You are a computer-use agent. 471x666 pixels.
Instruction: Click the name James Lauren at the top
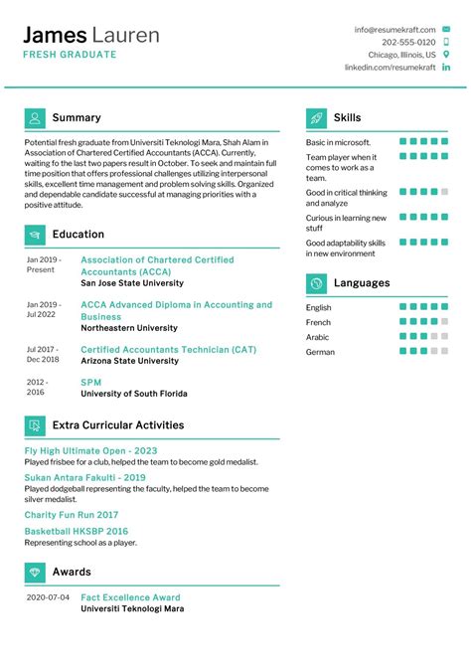(91, 36)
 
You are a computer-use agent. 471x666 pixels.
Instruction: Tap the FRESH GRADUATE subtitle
(70, 55)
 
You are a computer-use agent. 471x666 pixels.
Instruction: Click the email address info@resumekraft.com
(394, 30)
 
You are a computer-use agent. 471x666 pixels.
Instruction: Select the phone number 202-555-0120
(407, 43)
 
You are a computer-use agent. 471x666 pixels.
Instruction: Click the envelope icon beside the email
(444, 30)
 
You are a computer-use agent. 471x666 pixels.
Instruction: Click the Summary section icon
(35, 118)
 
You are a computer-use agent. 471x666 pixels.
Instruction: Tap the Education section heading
(78, 235)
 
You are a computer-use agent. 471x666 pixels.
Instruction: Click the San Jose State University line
(131, 283)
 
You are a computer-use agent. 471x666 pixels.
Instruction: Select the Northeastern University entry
(130, 328)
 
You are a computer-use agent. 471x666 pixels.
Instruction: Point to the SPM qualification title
(90, 382)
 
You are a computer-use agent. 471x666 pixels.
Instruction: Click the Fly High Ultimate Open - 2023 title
(90, 450)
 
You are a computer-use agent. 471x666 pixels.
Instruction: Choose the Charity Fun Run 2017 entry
(71, 515)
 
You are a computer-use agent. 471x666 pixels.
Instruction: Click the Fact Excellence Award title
(130, 597)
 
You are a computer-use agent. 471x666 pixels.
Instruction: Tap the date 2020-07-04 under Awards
(48, 597)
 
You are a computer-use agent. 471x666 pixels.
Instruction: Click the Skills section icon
(316, 118)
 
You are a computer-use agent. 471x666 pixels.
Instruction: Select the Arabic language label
(318, 337)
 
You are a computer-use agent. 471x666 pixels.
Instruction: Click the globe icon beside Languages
(316, 283)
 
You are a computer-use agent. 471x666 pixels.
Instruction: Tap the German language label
(320, 352)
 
